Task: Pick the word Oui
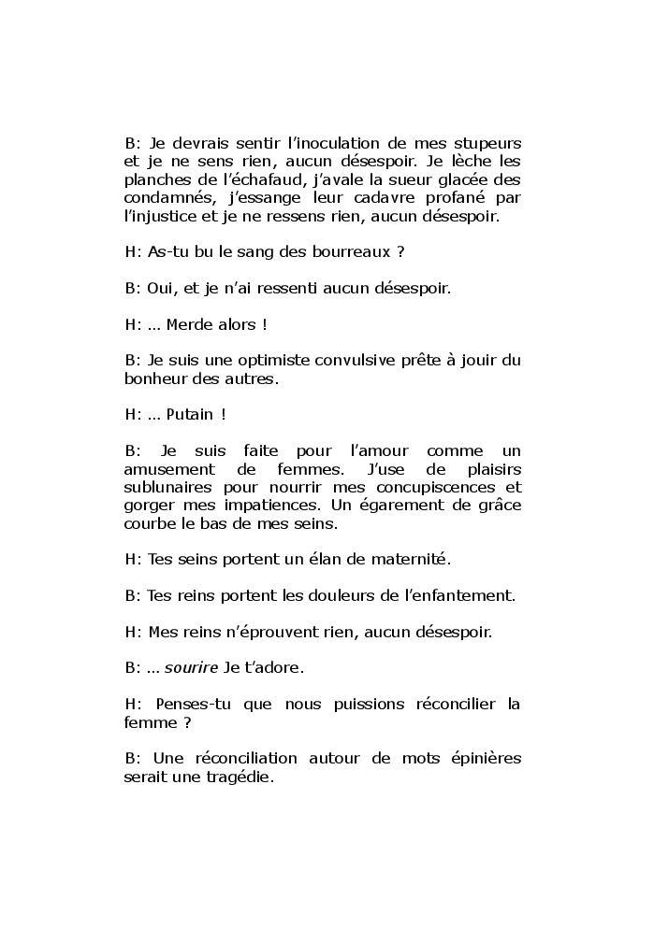click(164, 289)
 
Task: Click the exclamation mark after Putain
click(224, 415)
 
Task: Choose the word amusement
click(168, 469)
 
